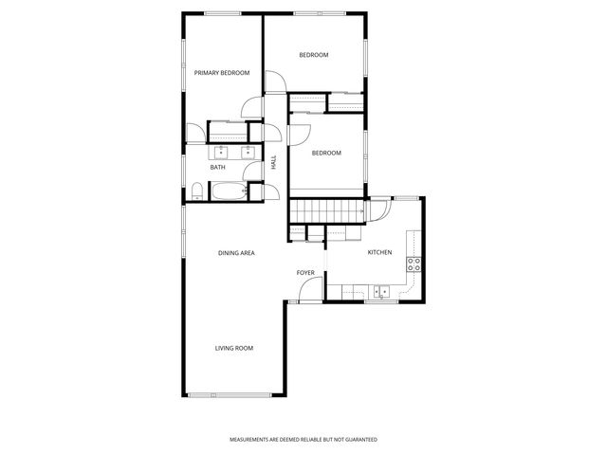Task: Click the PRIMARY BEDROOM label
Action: (221, 73)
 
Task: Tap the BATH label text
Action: (218, 168)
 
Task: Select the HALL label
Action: (274, 163)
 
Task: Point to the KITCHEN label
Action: (379, 252)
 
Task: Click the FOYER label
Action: (305, 273)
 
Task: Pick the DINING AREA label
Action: (236, 253)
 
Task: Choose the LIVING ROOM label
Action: (234, 348)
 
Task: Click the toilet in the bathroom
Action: (195, 192)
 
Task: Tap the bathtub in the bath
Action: (229, 191)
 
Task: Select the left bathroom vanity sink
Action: (221, 151)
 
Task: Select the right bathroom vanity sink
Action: (248, 151)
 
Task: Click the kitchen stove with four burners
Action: (414, 264)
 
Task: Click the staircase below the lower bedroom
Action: (327, 209)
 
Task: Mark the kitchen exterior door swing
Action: (377, 209)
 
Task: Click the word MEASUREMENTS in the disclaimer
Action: (251, 440)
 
